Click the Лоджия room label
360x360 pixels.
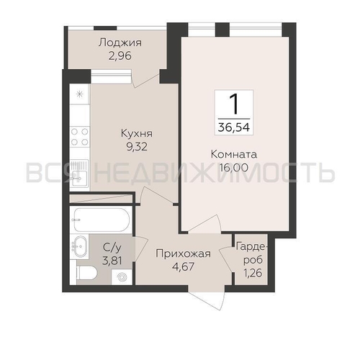(x=120, y=43)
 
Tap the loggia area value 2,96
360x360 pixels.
(x=120, y=56)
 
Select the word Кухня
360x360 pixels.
(x=137, y=133)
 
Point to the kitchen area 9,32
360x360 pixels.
(x=137, y=147)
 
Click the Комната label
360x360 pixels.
(x=234, y=154)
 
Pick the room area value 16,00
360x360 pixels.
(x=234, y=168)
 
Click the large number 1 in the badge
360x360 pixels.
(x=234, y=104)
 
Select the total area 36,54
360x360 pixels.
(x=234, y=127)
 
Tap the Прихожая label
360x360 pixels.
(x=183, y=253)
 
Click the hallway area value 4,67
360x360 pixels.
(x=183, y=266)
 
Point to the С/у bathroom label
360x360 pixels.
(x=112, y=247)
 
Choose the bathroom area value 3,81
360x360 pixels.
(x=112, y=261)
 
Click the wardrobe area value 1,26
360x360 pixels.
(x=253, y=273)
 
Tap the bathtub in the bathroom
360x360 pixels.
(x=102, y=220)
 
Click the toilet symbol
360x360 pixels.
(x=87, y=273)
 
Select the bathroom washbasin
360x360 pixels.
(x=79, y=246)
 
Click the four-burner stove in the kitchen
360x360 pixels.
(x=80, y=137)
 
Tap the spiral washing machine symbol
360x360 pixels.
(x=122, y=277)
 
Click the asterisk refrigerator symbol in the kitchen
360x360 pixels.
(x=79, y=94)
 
